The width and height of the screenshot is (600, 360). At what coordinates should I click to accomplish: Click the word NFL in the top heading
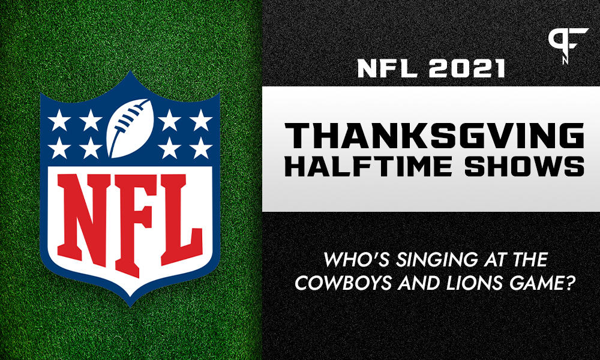click(x=386, y=68)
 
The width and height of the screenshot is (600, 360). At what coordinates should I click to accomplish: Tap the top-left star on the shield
click(x=58, y=120)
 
